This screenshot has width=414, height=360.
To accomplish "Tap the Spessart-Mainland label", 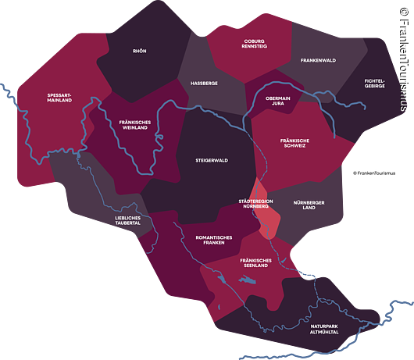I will click(x=59, y=98).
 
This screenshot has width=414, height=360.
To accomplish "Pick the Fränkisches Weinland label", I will click(x=124, y=127).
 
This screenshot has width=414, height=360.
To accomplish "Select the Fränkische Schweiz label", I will click(x=297, y=144).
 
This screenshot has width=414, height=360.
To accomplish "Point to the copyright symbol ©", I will click(x=404, y=13).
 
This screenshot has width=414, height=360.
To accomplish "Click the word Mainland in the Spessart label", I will click(x=59, y=101).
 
